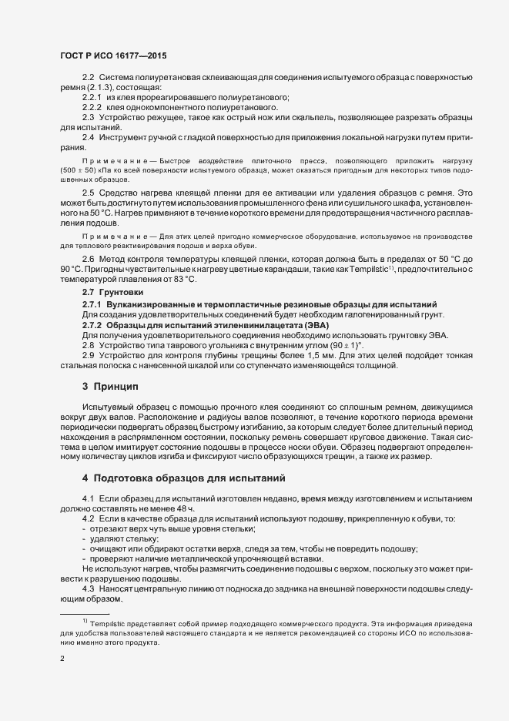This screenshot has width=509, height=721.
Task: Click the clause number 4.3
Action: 88,588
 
